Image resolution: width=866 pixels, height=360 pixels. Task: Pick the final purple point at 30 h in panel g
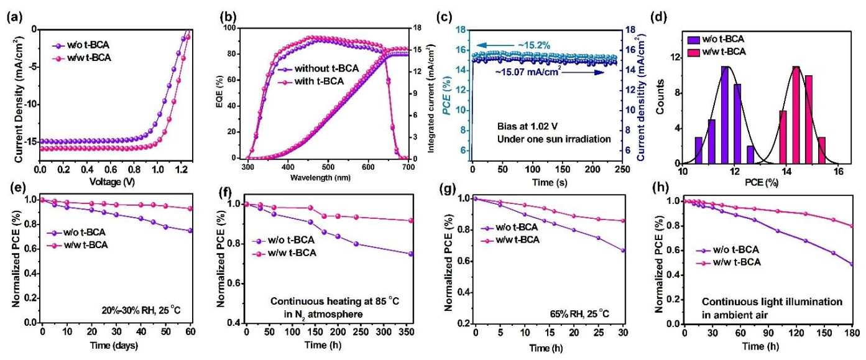pyautogui.click(x=622, y=251)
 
